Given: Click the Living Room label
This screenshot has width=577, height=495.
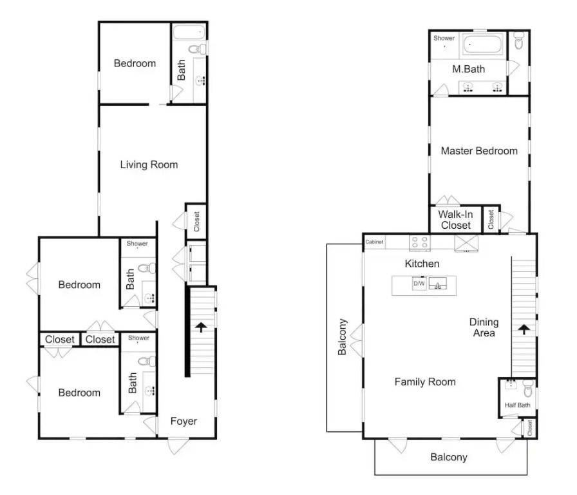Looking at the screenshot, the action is click(x=149, y=164).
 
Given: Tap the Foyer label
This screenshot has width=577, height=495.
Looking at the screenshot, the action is click(x=184, y=421).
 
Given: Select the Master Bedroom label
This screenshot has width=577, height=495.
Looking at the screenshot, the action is click(x=479, y=151).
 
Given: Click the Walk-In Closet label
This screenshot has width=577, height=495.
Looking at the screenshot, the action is click(x=455, y=220).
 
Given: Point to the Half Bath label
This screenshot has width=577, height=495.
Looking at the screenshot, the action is click(x=517, y=405).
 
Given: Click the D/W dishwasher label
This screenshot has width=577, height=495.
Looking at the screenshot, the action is click(x=419, y=284).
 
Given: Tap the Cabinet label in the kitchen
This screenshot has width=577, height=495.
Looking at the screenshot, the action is click(x=374, y=242).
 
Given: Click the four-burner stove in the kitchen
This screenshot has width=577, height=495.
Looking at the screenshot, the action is click(x=420, y=242).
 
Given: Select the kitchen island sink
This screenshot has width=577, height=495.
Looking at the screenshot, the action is click(x=438, y=284).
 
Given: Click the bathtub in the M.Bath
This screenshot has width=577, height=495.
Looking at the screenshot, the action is click(x=483, y=44).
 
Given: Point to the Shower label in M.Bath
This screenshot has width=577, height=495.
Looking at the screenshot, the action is click(x=444, y=38).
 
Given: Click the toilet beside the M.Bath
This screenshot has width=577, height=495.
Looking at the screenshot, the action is click(x=518, y=40).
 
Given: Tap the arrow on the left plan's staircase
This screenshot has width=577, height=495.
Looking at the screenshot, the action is click(x=201, y=327).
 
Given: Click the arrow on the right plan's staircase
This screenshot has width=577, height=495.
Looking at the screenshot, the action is click(x=524, y=329).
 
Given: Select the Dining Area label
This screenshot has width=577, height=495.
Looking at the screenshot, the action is click(x=484, y=327).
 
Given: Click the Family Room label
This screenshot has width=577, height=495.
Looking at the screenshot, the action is click(x=425, y=382).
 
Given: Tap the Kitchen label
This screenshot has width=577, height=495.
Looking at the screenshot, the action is click(x=422, y=264).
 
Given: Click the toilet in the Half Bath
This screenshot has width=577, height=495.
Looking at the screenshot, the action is click(x=528, y=389).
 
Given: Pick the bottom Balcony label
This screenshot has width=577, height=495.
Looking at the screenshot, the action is click(x=449, y=457).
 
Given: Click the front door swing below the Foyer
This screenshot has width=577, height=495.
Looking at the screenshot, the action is click(x=178, y=446).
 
